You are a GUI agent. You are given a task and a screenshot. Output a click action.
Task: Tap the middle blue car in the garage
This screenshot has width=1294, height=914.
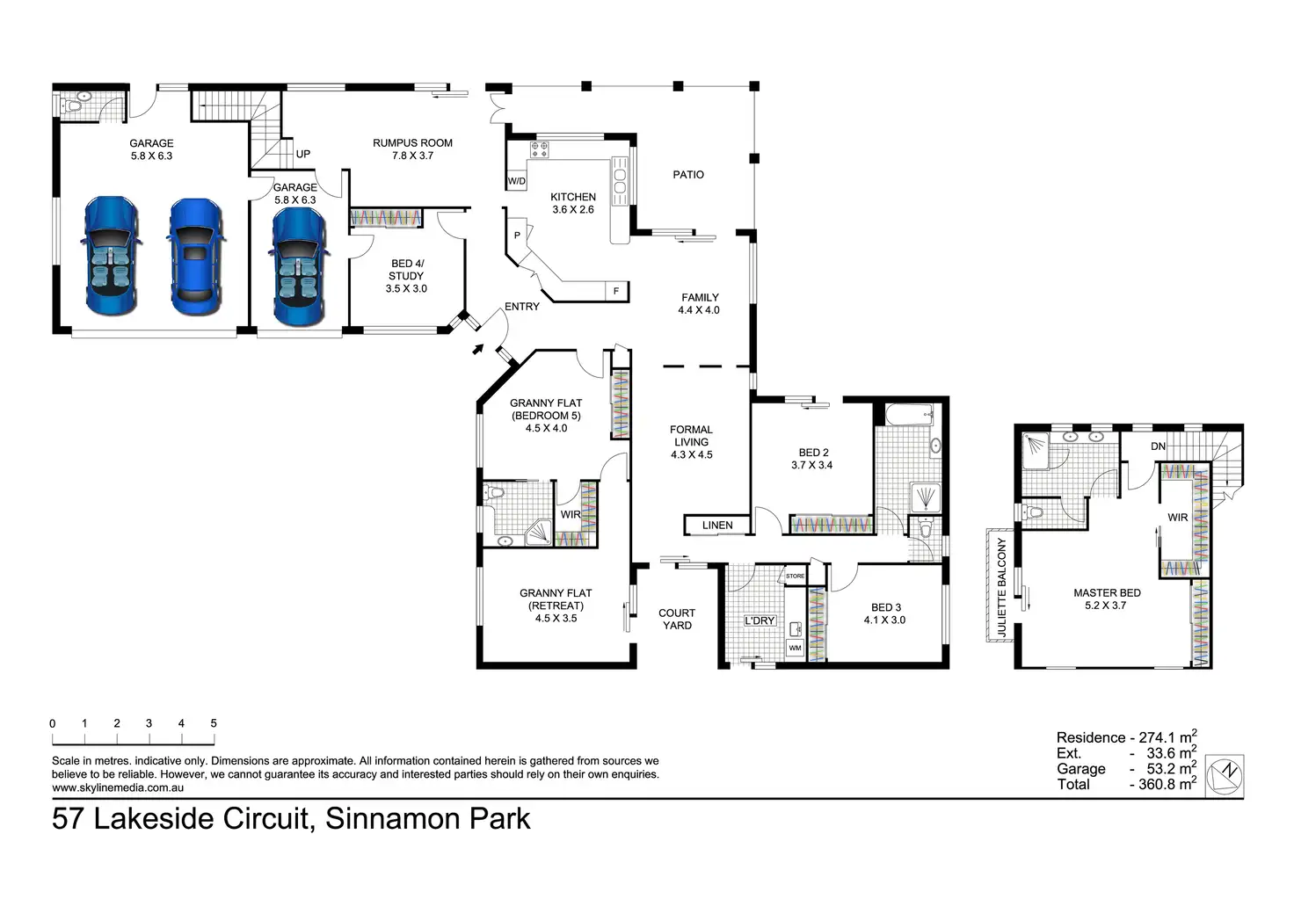[196, 257]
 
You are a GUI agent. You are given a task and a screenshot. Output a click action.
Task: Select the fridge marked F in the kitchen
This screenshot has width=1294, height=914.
[615, 291]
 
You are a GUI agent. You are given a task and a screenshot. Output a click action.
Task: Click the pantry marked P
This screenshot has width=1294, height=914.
[517, 236]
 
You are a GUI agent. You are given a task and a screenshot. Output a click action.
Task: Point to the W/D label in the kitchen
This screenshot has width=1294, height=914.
[516, 182]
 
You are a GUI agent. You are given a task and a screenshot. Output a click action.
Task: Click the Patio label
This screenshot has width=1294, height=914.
[688, 175]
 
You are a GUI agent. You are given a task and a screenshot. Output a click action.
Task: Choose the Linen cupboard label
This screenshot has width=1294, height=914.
[717, 526]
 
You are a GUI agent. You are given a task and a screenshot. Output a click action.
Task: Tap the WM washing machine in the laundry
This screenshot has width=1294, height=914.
[795, 648]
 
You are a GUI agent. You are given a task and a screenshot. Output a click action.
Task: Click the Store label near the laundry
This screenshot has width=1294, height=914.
[795, 577]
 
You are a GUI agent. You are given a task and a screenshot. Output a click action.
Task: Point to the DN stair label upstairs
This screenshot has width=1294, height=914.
[1158, 446]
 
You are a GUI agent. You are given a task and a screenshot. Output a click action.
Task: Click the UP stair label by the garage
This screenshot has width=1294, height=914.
[303, 155]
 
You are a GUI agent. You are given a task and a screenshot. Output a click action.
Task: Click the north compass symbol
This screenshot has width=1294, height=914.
[1224, 774]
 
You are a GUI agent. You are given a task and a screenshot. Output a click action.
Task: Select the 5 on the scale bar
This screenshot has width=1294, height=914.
[214, 723]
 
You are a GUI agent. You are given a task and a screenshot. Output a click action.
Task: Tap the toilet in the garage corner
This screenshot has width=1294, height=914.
[76, 105]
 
